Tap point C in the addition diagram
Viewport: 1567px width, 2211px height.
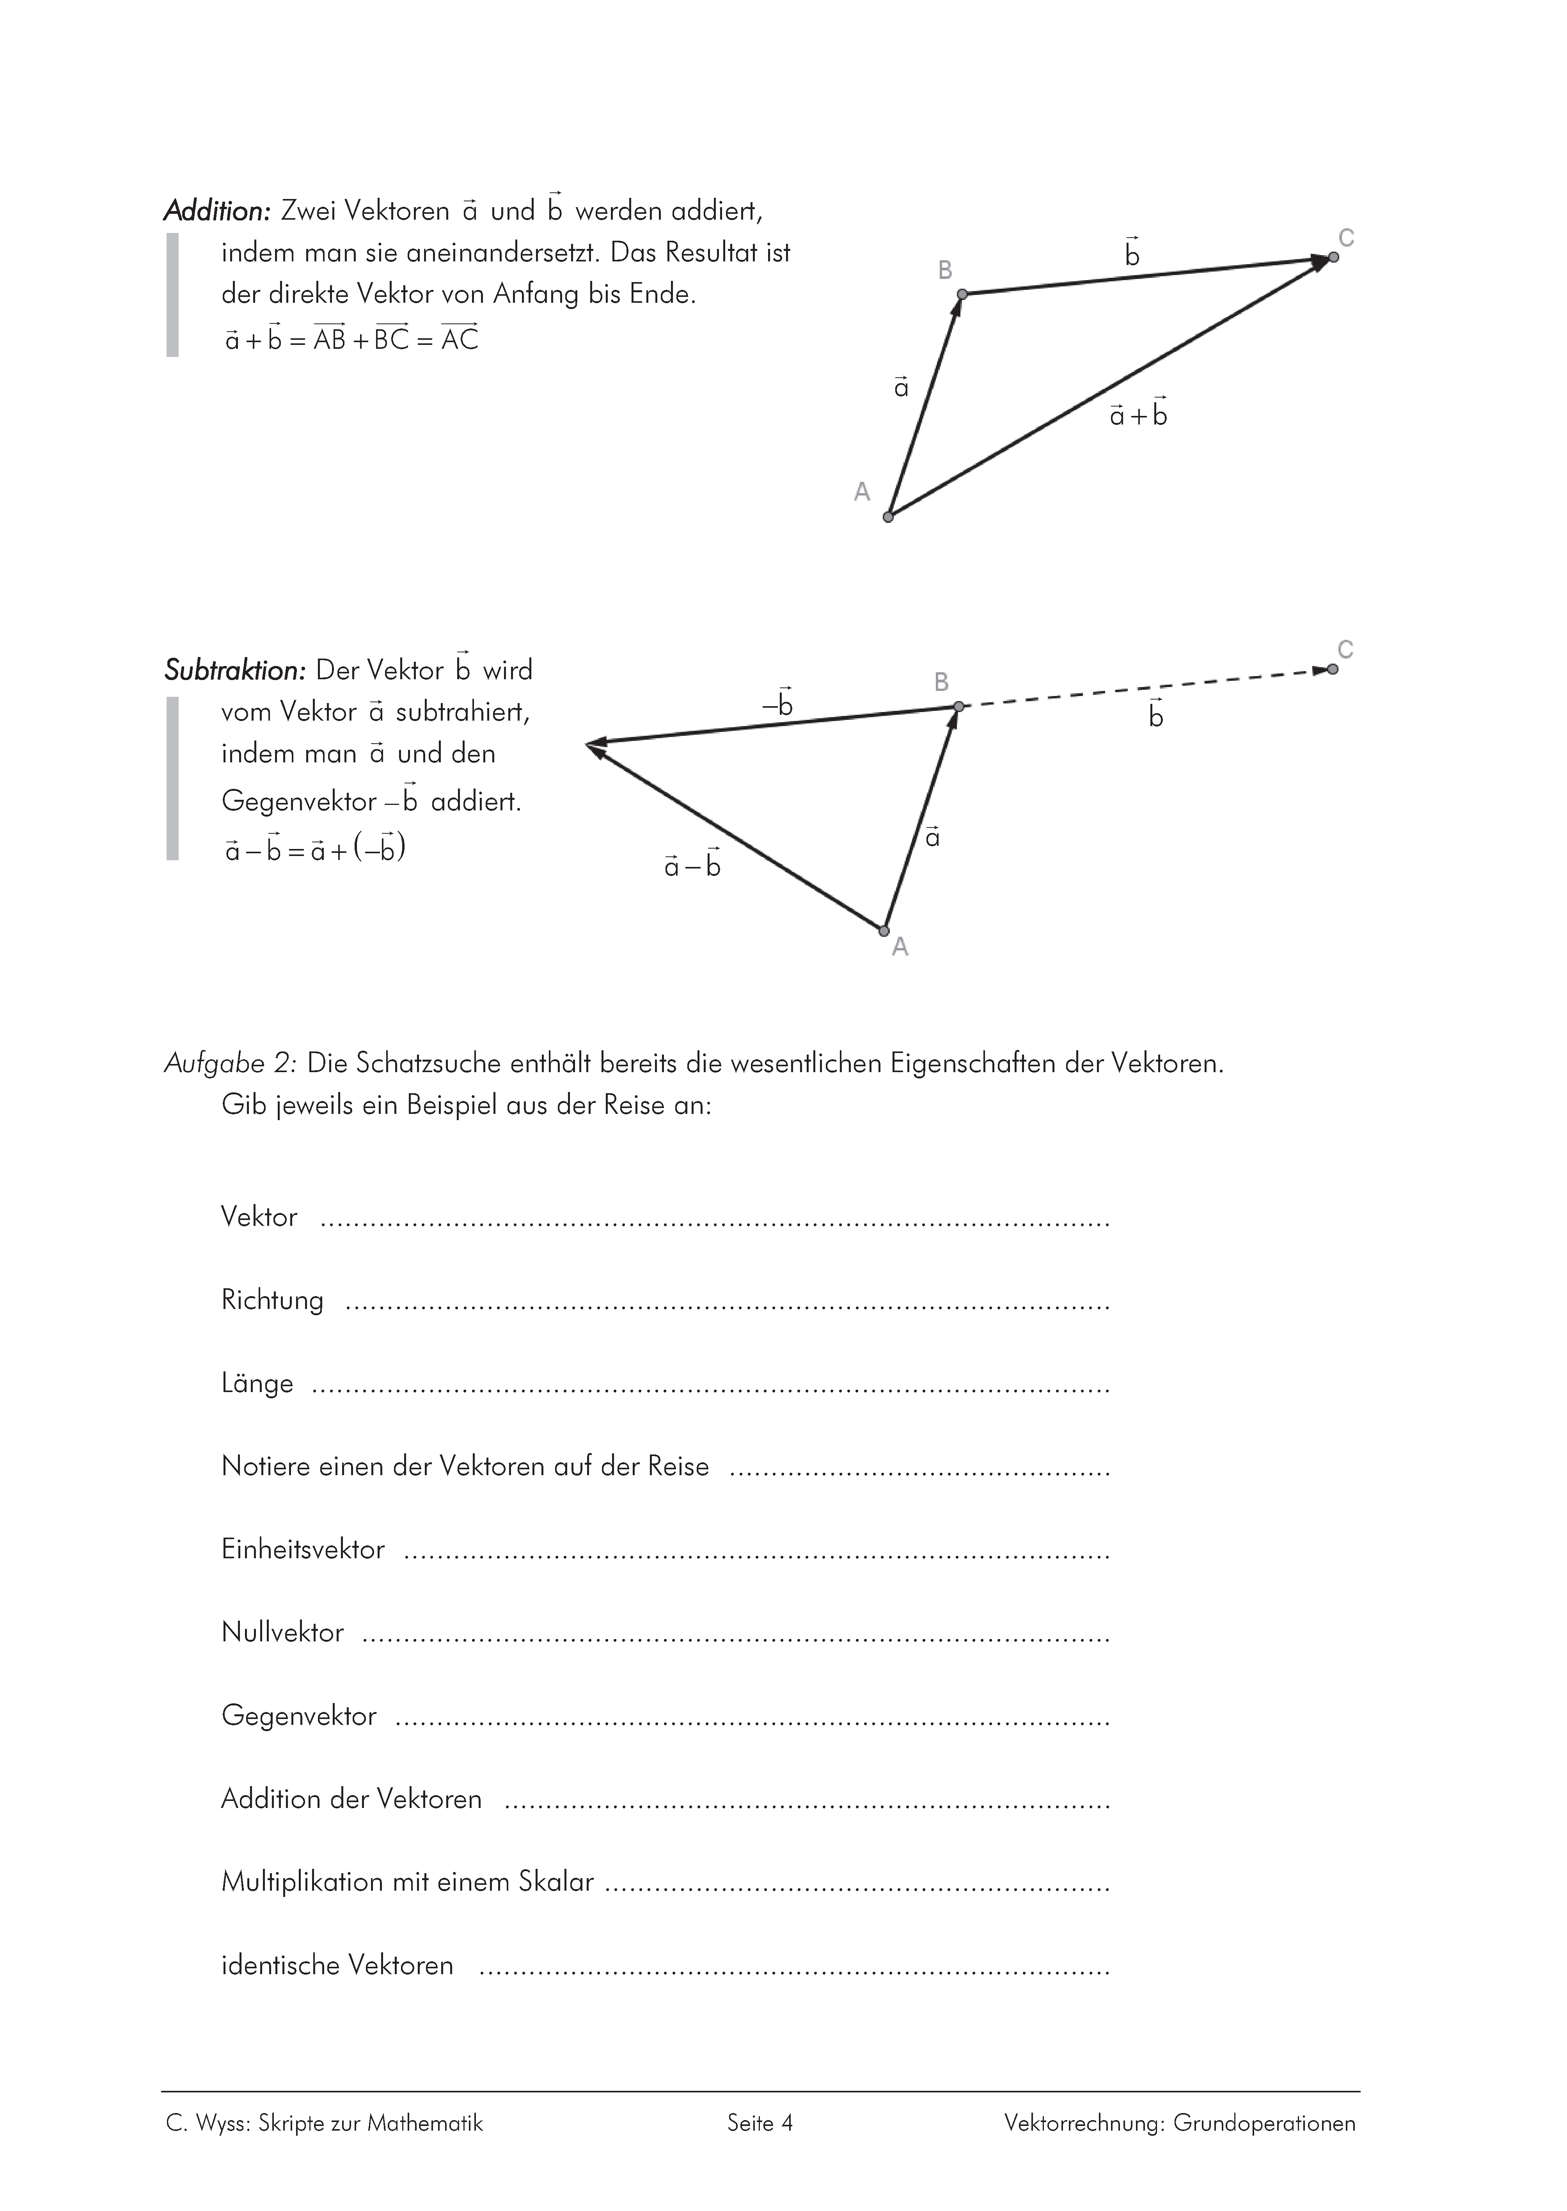tap(1333, 257)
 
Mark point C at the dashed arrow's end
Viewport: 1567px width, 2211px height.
tap(1333, 669)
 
